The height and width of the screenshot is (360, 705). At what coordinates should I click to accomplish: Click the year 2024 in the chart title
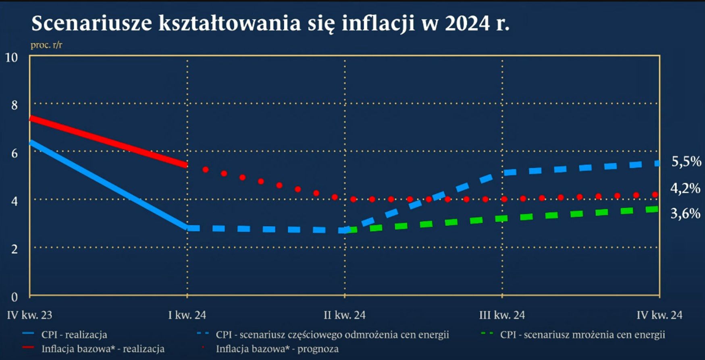coord(468,23)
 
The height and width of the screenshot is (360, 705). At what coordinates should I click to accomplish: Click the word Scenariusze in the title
coord(92,23)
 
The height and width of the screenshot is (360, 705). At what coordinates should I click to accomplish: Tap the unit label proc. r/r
coord(46,45)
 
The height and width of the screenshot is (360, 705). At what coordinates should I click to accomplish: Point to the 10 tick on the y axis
coord(11,58)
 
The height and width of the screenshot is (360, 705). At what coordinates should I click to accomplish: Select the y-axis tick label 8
coord(15,106)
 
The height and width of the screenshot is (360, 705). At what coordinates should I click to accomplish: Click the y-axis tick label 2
coord(15,249)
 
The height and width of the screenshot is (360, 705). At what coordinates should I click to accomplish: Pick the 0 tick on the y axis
coord(15,297)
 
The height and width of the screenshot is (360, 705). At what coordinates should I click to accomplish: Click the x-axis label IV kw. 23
coord(29,315)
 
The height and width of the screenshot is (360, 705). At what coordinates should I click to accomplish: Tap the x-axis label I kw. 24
coord(187,315)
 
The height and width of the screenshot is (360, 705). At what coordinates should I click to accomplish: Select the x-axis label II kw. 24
coord(345,315)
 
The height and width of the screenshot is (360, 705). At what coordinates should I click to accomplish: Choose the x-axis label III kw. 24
coord(502,315)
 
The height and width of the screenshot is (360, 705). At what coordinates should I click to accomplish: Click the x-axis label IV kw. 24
coord(659,315)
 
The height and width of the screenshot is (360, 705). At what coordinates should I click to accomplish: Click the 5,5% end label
coord(686,162)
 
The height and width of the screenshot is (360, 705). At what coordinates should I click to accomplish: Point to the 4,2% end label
coord(685,188)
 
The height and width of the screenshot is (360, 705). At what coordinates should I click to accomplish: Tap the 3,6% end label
coord(685,213)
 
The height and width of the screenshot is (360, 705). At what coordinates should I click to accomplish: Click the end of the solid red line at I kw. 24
coord(186,164)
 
